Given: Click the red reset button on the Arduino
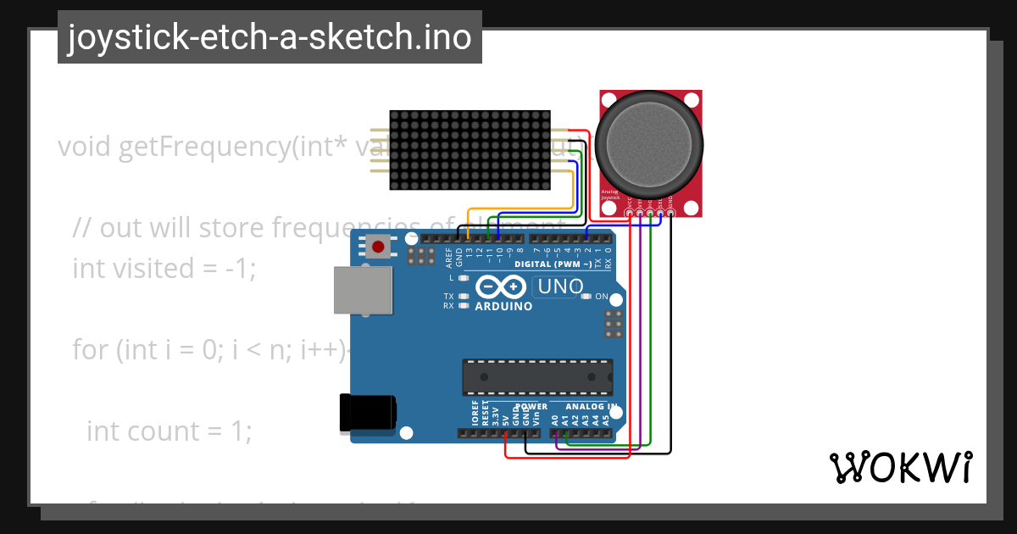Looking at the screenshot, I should click(x=378, y=248).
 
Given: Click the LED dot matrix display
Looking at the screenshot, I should click(x=470, y=150).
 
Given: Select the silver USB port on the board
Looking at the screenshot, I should click(x=363, y=292).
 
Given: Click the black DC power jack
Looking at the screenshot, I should click(x=367, y=413).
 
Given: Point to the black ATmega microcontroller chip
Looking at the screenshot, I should click(x=537, y=377).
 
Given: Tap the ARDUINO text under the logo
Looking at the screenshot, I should click(x=503, y=306).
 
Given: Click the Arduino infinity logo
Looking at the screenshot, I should click(x=503, y=286).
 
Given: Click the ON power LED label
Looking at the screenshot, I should click(x=602, y=297).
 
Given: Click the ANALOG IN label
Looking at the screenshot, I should click(x=584, y=406).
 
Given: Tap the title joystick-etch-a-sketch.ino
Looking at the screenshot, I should click(x=270, y=37).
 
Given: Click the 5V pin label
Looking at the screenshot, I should click(x=506, y=419).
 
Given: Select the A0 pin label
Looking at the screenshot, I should click(x=555, y=419).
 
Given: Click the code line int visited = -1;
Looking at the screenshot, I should click(x=164, y=268).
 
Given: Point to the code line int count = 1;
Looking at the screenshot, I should click(x=169, y=431).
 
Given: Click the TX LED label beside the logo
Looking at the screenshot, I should click(x=448, y=296).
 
